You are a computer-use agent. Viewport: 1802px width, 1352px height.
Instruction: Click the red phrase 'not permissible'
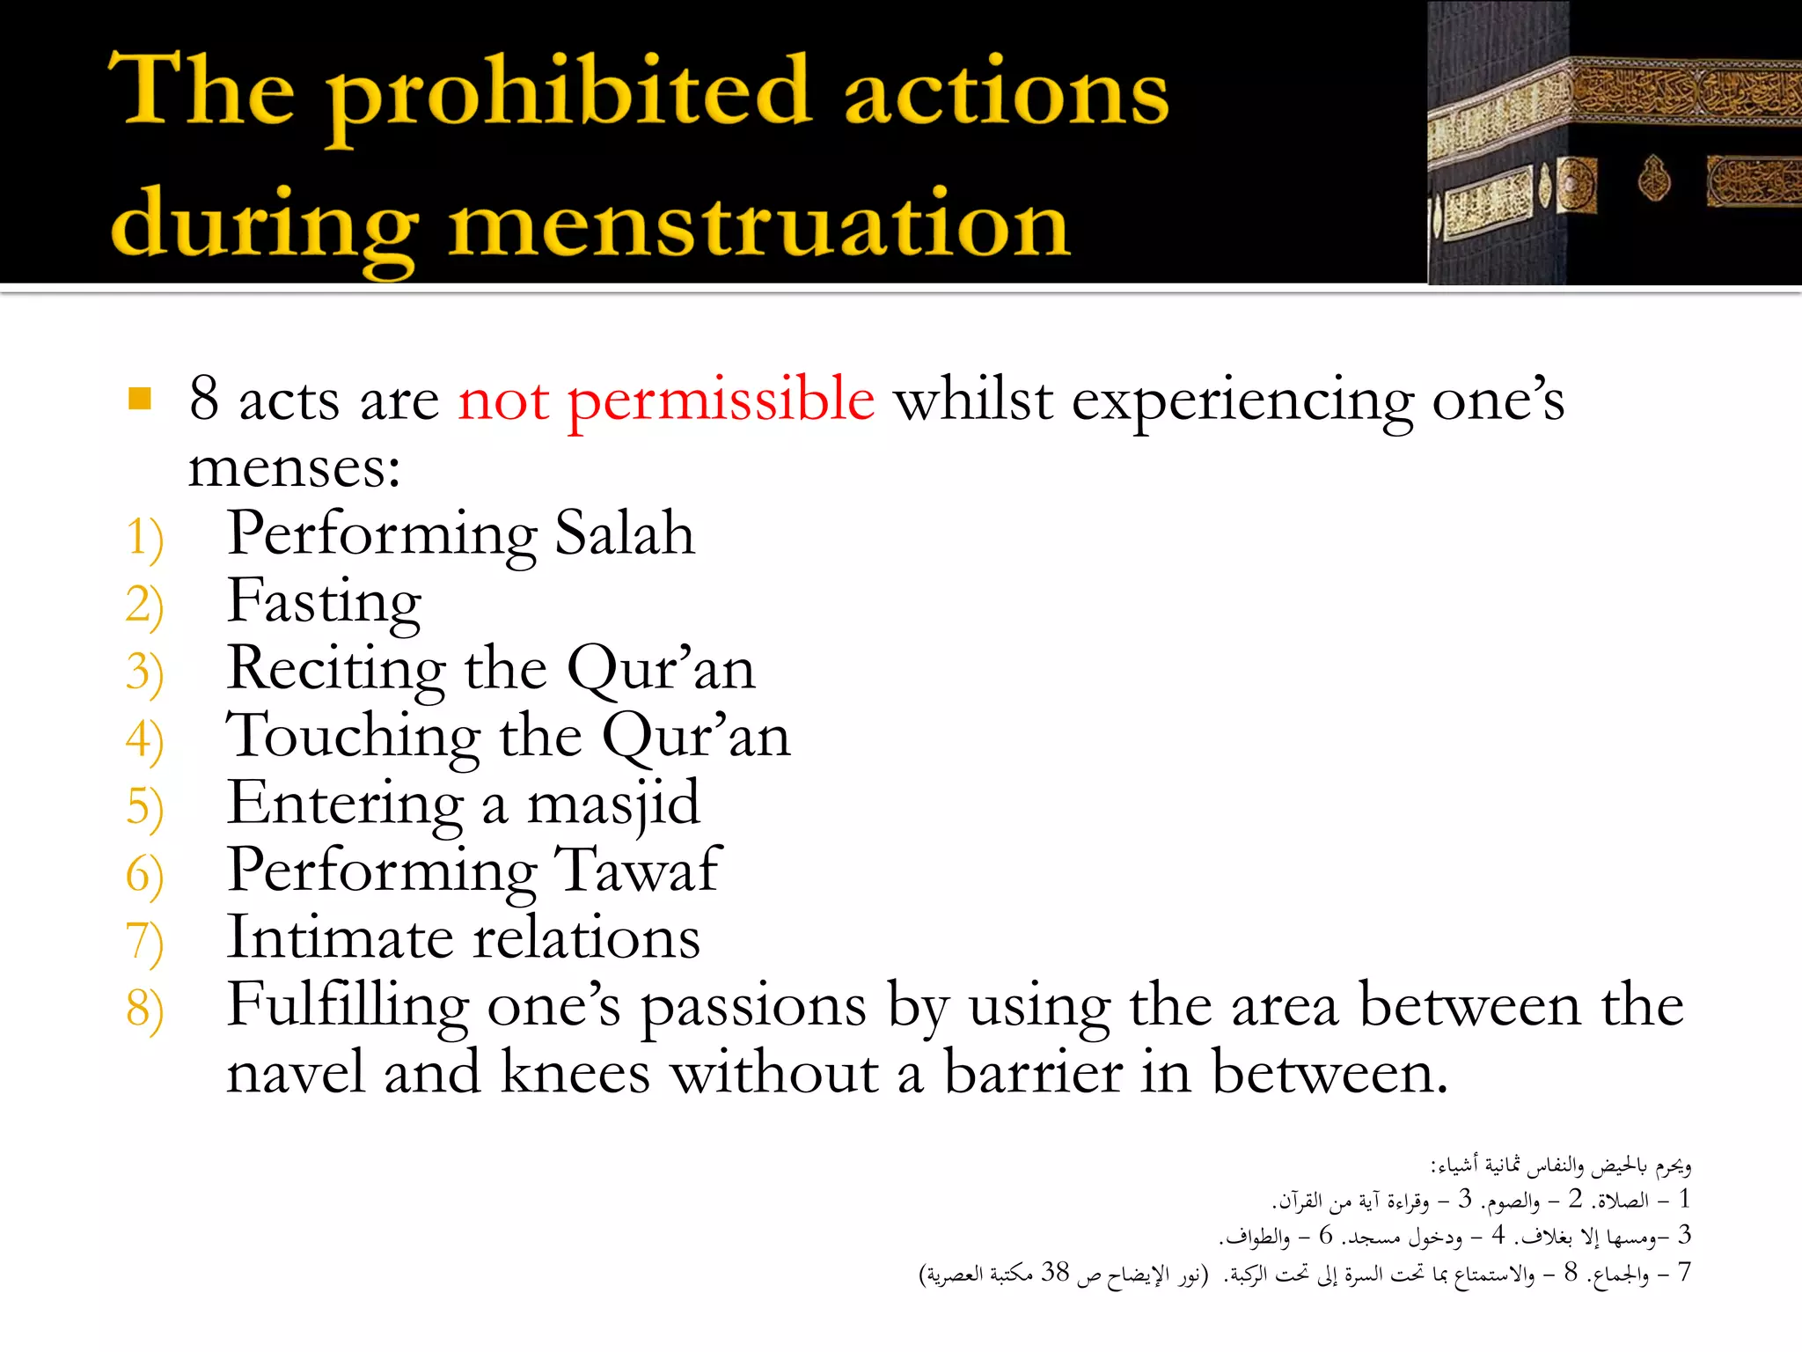click(666, 400)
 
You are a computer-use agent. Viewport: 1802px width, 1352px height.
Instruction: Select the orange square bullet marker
click(140, 399)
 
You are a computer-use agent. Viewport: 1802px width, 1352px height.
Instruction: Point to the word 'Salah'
click(625, 533)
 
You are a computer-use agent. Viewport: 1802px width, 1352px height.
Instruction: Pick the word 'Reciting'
click(335, 669)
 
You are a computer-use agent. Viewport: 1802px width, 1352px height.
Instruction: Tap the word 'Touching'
click(353, 736)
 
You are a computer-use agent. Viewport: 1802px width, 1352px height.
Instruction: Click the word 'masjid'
click(613, 805)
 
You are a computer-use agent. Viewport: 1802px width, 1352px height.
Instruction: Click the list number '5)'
click(144, 807)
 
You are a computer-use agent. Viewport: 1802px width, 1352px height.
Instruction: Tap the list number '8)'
click(144, 1009)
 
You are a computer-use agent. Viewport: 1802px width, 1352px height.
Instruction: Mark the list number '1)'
click(144, 537)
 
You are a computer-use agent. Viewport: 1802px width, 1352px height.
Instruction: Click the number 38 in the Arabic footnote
click(1055, 1272)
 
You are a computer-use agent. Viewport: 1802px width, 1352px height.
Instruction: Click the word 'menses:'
click(294, 467)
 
